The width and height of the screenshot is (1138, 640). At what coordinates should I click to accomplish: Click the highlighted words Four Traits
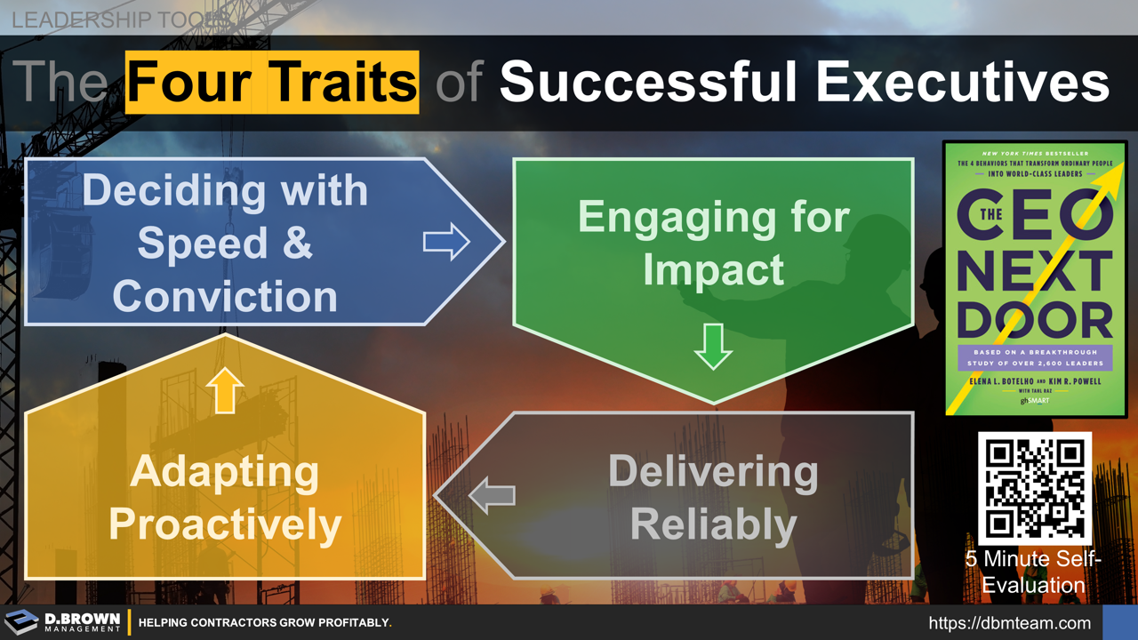click(x=272, y=82)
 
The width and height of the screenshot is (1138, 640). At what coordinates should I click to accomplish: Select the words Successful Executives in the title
click(x=804, y=82)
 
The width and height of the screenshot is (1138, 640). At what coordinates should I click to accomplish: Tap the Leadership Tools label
click(x=121, y=19)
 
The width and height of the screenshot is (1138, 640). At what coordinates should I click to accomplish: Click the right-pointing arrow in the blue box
click(x=446, y=241)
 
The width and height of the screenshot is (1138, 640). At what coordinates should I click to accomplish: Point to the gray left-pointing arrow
click(x=492, y=495)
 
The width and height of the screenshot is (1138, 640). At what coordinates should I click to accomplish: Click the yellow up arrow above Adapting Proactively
click(x=225, y=390)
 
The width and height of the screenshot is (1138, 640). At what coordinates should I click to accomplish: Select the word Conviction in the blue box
click(x=225, y=295)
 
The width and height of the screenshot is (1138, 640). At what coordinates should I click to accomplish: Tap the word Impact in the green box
click(x=713, y=269)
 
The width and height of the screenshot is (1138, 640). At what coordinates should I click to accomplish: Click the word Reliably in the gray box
click(x=713, y=524)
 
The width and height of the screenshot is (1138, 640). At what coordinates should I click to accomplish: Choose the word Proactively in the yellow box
click(x=225, y=524)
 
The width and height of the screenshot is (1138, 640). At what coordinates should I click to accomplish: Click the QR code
click(x=1034, y=487)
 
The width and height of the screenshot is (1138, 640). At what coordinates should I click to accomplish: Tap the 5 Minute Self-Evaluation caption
click(x=1034, y=572)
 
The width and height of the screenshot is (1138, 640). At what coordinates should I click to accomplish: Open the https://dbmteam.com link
click(x=1009, y=623)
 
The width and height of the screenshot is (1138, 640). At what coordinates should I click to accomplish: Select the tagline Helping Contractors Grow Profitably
click(x=265, y=623)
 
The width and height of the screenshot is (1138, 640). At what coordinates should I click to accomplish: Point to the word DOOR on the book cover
click(x=1034, y=318)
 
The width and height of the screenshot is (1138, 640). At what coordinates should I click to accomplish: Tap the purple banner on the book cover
click(x=1034, y=357)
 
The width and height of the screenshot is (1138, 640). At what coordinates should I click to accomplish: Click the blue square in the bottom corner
click(x=1119, y=622)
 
